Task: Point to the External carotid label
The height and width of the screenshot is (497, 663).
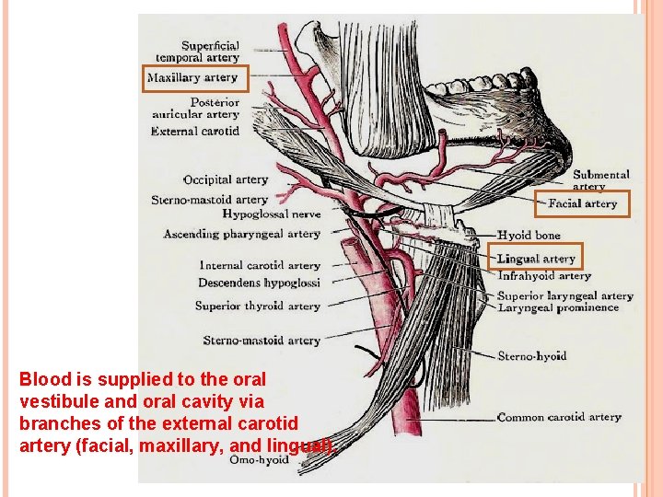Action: click(195, 131)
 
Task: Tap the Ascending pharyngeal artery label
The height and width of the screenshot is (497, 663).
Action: click(241, 234)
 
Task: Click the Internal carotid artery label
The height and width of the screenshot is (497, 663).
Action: click(260, 265)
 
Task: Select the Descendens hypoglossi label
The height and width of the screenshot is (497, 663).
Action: click(259, 283)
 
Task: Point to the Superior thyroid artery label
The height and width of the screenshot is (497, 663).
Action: click(257, 306)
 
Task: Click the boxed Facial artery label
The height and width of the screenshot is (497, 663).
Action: click(583, 203)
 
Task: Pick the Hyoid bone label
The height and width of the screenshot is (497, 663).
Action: click(529, 235)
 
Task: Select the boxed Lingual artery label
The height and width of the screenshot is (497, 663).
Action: click(536, 259)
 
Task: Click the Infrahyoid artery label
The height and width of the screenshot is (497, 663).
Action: click(544, 275)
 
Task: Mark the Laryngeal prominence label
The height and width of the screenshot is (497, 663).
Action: click(558, 307)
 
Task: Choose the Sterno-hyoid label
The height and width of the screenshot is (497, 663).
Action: click(531, 355)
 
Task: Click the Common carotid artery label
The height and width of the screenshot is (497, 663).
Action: click(559, 417)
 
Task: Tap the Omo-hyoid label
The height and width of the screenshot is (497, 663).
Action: click(259, 459)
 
